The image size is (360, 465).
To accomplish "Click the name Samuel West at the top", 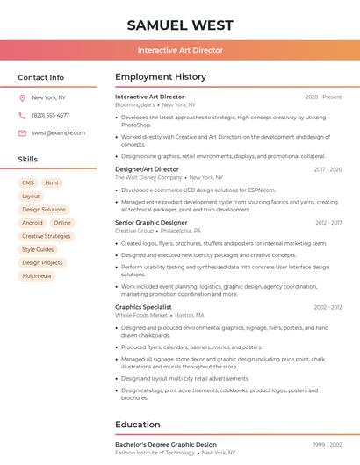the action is pos(179,24).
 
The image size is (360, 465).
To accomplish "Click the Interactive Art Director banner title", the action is pos(179,50).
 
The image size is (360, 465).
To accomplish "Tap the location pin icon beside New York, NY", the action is pos(22,97).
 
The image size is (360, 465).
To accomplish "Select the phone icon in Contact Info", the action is pos(22,115).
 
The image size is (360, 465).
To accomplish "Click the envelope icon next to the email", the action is pos(22,132).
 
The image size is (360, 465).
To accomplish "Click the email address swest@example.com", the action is pos(58,132).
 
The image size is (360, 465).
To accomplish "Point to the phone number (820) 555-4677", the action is pos(50,115).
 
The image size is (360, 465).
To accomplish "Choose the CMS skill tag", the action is pos(28,182).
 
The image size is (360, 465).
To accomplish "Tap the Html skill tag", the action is pos(52,182).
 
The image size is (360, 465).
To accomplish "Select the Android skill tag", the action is pos(32,223).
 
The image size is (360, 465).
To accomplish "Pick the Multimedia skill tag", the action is pos(37,275).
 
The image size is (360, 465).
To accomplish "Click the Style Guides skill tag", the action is pos(38,249).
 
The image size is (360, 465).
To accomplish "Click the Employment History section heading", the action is pos(161,76).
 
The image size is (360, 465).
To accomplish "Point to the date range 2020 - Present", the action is pos(323,97).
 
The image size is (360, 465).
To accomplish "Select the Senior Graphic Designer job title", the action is pos(151,223).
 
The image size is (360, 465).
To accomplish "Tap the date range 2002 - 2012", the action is pos(328,307).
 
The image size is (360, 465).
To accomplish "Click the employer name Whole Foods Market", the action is pos(141,315).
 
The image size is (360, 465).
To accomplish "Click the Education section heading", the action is pos(138,425).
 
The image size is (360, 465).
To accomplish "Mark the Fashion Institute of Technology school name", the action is pos(155,453).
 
